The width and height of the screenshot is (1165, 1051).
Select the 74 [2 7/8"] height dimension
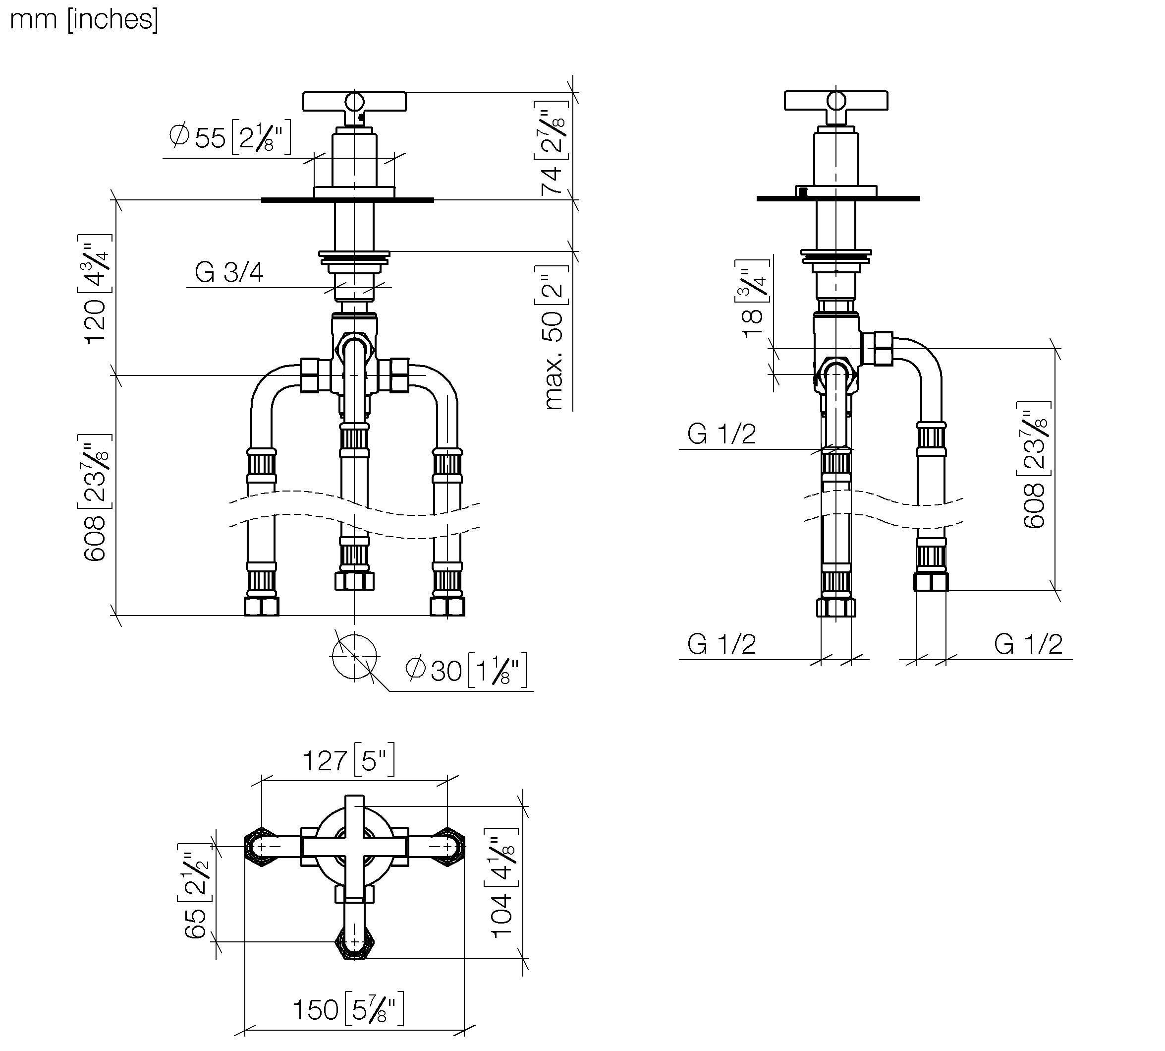point(552,148)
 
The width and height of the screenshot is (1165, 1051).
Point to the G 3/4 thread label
point(229,272)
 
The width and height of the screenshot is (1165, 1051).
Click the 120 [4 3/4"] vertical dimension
point(94,289)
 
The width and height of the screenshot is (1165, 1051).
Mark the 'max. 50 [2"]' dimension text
point(554,337)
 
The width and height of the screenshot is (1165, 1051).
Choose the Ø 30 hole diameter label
point(467,670)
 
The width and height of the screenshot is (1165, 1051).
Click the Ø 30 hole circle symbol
point(354,657)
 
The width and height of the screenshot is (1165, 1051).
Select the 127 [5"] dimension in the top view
point(348,760)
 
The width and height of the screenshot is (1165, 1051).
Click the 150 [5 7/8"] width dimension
point(348,1009)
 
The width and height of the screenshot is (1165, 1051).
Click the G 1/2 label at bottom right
point(1028,644)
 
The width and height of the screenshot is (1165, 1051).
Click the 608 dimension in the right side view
point(1034,465)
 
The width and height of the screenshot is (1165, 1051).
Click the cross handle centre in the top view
point(354,847)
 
